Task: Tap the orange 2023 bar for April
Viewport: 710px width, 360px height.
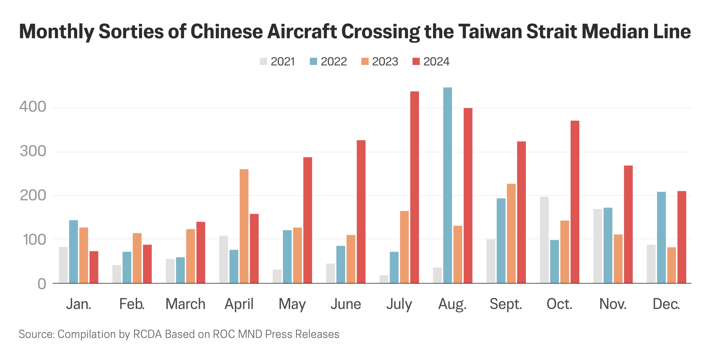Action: pos(244,226)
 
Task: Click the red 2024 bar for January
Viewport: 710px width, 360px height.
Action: pos(94,267)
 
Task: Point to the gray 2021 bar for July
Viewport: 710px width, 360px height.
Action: pos(384,279)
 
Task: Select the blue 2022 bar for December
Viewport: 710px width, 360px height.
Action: pos(661,237)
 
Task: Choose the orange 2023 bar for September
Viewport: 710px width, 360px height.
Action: pos(511,233)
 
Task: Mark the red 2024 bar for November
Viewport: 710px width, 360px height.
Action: pos(628,224)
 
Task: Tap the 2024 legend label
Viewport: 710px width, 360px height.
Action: pos(436,62)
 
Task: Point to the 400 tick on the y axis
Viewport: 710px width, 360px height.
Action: pos(33,107)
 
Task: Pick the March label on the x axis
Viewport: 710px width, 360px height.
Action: pos(185,304)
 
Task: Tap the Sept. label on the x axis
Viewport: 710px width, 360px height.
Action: pos(506,304)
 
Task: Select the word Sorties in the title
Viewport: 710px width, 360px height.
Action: pos(131,31)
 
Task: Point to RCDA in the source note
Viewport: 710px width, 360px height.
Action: pos(148,334)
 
